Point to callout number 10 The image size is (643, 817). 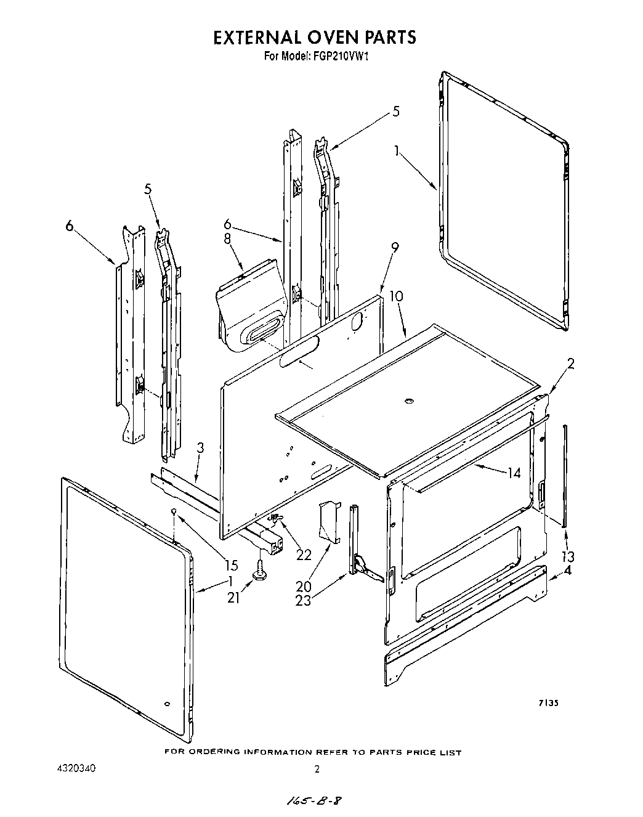[397, 296]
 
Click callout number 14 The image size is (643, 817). [514, 473]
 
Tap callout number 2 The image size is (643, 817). [570, 364]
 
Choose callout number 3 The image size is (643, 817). [200, 449]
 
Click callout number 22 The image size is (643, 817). [304, 555]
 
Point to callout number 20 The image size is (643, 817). [304, 585]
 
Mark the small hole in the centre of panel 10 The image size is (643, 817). [408, 402]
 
